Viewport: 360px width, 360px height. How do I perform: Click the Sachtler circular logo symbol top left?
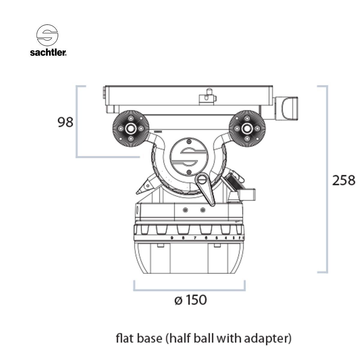click(47, 35)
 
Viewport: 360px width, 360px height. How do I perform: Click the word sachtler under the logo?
click(48, 52)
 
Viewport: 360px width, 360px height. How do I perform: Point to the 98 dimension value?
click(65, 122)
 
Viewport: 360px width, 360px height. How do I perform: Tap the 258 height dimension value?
click(344, 180)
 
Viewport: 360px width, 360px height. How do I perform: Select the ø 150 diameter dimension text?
click(190, 300)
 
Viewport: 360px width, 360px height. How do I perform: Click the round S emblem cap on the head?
click(189, 156)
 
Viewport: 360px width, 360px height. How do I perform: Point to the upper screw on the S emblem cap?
click(189, 141)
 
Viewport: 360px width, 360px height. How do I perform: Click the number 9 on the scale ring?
click(172, 238)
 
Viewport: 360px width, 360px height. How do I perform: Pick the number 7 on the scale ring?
click(195, 238)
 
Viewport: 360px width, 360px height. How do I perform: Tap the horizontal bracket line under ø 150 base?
click(190, 290)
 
